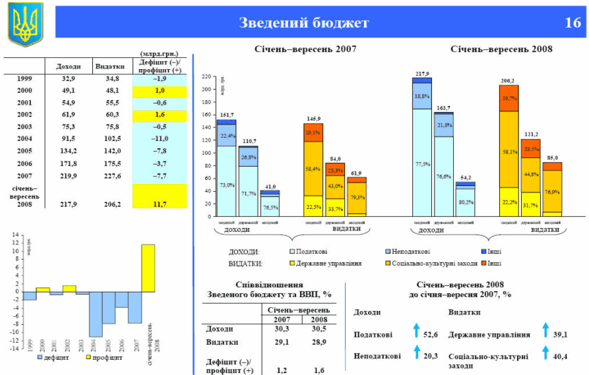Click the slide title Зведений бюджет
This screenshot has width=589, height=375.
304,23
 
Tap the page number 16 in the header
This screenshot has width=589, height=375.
572,23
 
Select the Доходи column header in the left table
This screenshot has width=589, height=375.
69,67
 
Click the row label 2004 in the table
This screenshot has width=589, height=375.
24,138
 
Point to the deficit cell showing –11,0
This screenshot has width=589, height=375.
160,138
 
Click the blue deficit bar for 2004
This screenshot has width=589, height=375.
96,314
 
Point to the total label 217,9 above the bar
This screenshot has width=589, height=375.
422,74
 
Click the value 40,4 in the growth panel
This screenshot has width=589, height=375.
561,357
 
